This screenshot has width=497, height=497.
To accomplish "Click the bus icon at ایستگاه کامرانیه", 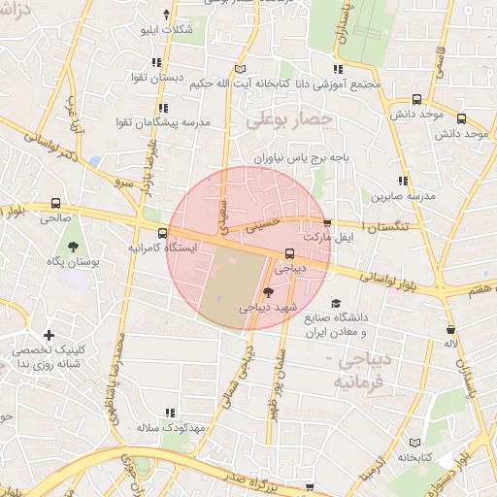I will point(162,233).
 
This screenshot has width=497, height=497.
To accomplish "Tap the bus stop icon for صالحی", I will point(56,204).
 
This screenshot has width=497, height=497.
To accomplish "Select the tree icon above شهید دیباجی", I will point(268,292).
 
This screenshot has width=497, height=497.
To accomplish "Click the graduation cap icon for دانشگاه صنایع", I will point(335,303).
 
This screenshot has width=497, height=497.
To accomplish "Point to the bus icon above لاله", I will point(450,328).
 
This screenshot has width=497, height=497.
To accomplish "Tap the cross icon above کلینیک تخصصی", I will point(49,335).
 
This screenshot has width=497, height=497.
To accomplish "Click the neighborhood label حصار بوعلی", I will point(288,120).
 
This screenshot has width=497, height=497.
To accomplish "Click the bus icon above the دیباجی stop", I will point(289,254).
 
